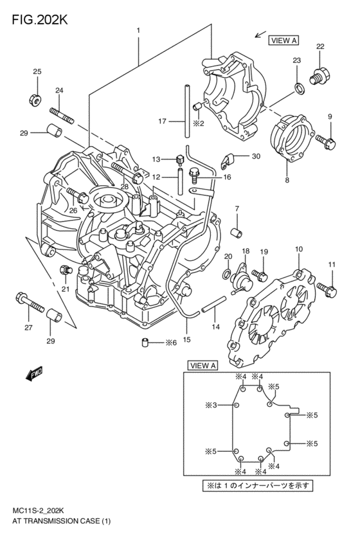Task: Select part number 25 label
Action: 37,71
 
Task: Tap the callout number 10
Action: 298,248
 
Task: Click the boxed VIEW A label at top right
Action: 283,40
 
